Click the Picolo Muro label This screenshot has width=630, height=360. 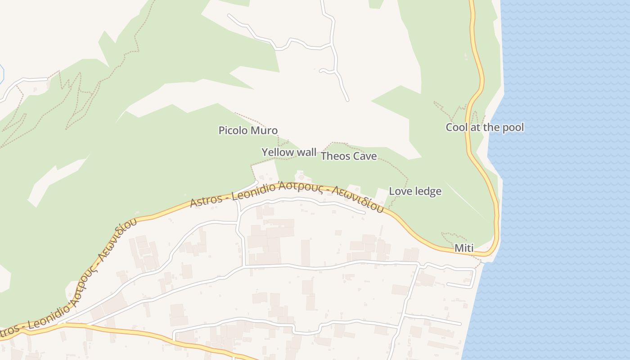248,130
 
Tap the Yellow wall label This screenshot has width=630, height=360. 289,152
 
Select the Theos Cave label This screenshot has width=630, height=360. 348,156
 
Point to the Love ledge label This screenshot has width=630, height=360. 415,191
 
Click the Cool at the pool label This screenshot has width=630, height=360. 485,127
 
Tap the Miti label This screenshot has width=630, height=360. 464,248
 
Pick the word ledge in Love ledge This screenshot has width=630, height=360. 427,191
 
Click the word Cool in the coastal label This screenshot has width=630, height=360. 456,127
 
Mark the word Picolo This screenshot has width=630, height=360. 233,130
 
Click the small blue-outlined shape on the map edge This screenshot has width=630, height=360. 1,73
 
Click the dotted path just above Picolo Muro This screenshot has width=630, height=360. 252,118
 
